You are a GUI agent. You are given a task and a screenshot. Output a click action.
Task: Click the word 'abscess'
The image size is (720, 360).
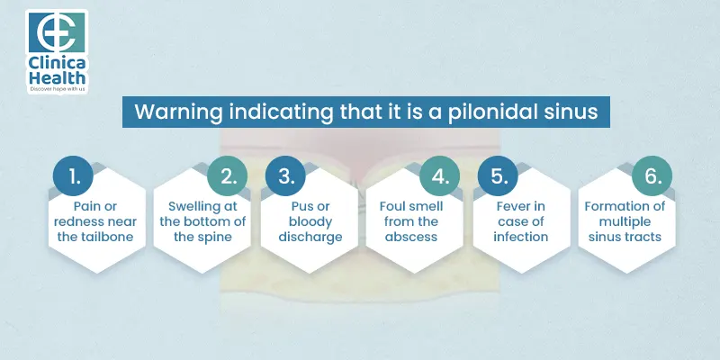pyautogui.click(x=412, y=238)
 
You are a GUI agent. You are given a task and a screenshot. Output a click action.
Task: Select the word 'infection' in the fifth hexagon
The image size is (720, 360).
pyautogui.click(x=521, y=238)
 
